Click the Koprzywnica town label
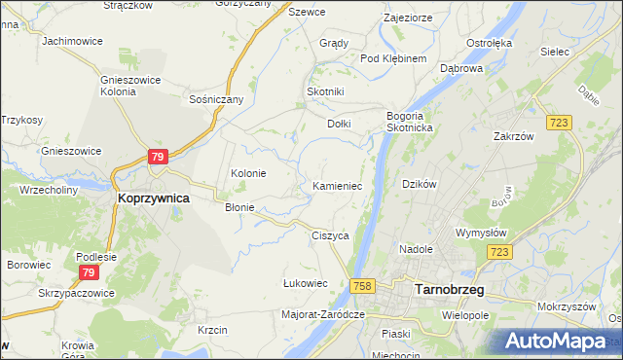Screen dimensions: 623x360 point(153,197)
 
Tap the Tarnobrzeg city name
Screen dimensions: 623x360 point(450,288)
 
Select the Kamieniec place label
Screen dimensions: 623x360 point(338,185)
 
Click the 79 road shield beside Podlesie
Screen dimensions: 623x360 point(89,271)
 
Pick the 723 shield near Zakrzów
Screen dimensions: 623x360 point(558,121)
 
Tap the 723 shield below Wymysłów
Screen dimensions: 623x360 point(500,252)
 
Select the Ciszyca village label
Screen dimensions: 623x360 point(330,235)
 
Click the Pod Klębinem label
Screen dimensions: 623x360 point(394,58)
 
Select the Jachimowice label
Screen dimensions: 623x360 point(73,42)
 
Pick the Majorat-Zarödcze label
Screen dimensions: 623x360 point(322,314)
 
